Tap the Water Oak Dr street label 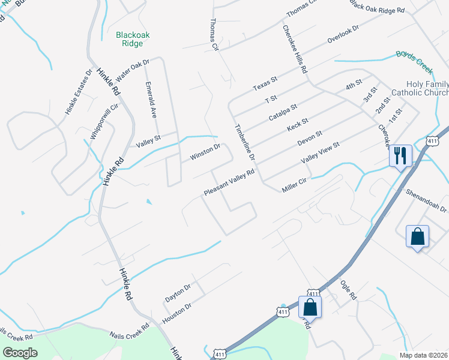pyautogui.click(x=132, y=71)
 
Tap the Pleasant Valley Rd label pyautogui.click(x=229, y=182)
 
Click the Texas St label pyautogui.click(x=265, y=83)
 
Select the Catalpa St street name pyautogui.click(x=282, y=112)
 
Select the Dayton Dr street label pyautogui.click(x=177, y=293)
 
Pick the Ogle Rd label pyautogui.click(x=348, y=291)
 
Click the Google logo pyautogui.click(x=20, y=353)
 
